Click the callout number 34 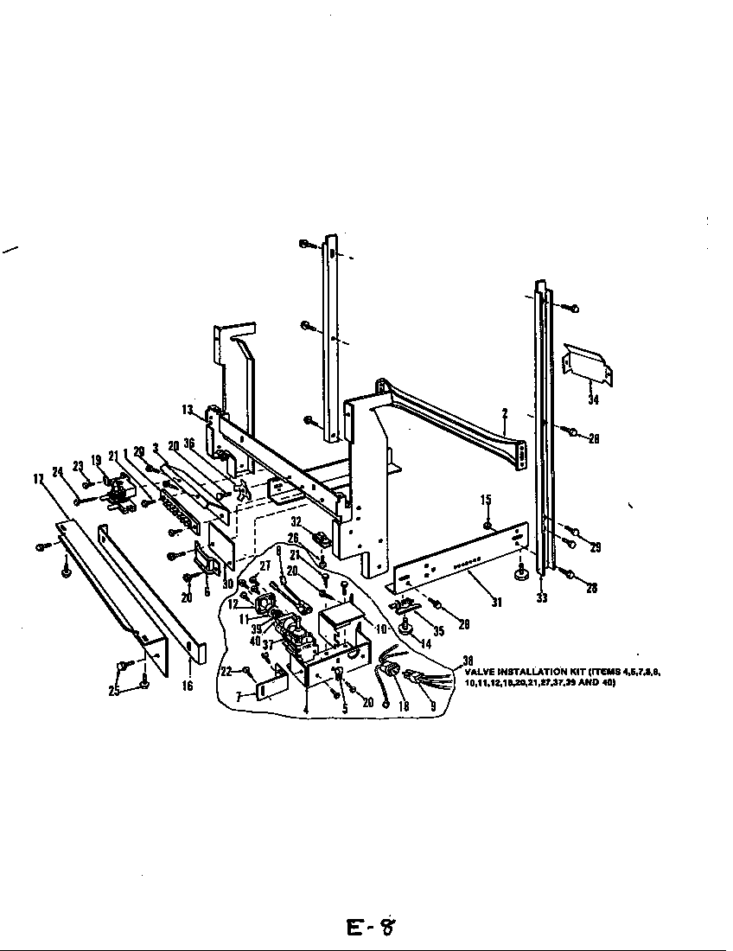point(593,399)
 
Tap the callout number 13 point(187,409)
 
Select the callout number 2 point(504,414)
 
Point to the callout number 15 point(486,500)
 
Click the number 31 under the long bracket point(496,602)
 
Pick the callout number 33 point(542,597)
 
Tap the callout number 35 point(439,631)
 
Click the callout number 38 point(468,660)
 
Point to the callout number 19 point(96,461)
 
